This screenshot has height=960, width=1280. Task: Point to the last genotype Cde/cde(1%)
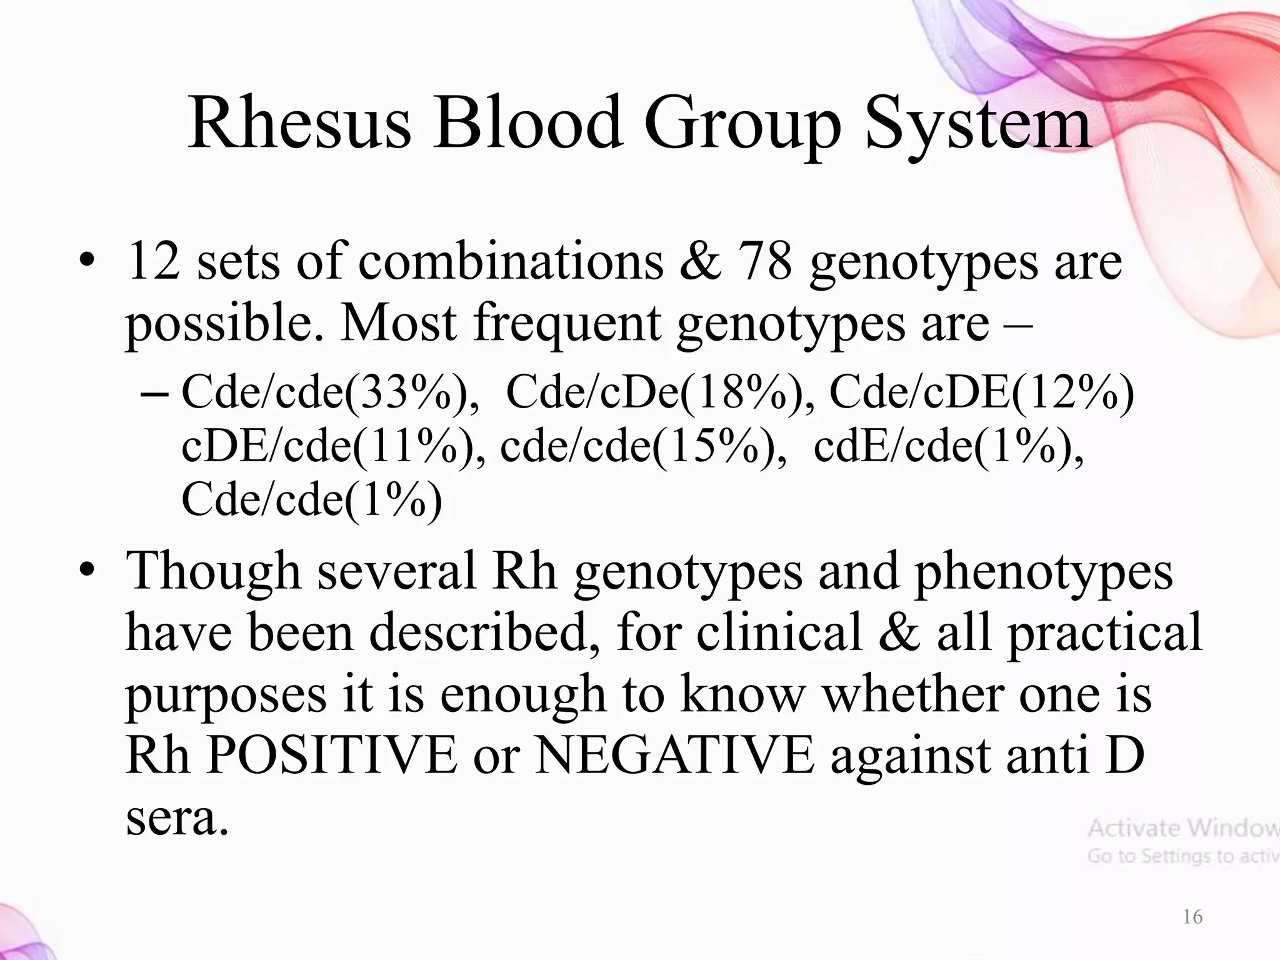pos(311,500)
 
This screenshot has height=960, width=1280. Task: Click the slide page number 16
pos(1192,917)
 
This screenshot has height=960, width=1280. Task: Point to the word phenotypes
pos(1043,571)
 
